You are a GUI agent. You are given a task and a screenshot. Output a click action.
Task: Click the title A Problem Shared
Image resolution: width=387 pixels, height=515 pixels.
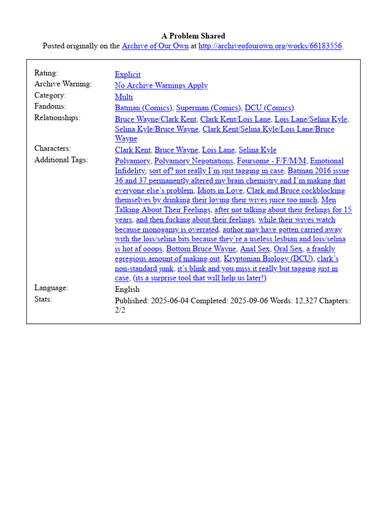tap(193, 36)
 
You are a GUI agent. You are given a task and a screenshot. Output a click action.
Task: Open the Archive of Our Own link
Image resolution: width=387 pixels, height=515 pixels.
tap(155, 46)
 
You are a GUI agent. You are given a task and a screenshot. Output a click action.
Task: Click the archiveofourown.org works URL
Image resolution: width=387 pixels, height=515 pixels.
tap(270, 46)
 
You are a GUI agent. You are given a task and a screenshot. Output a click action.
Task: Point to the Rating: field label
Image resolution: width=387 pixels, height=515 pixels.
tap(46, 73)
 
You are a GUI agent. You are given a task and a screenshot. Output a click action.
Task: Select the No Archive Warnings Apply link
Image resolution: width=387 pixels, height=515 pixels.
tap(161, 85)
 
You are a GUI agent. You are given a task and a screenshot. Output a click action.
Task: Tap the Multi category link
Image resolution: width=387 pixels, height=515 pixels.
tap(124, 97)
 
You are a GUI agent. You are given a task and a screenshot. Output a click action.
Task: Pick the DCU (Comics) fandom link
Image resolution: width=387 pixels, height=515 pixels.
tap(269, 108)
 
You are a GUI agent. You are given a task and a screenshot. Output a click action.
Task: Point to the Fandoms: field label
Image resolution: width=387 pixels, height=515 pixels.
tap(50, 107)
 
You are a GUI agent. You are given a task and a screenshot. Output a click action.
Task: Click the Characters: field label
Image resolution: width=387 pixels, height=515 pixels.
tap(52, 149)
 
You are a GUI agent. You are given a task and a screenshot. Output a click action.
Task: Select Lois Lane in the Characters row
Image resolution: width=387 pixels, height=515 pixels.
tap(218, 150)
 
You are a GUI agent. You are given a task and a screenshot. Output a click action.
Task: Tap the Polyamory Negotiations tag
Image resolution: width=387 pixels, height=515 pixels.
tap(193, 161)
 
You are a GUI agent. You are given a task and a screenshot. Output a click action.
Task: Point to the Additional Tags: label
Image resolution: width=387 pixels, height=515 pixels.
tap(60, 160)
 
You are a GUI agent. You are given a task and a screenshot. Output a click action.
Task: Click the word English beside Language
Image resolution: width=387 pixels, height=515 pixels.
tap(127, 289)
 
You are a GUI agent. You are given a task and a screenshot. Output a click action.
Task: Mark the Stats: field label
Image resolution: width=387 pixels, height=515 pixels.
tap(43, 299)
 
